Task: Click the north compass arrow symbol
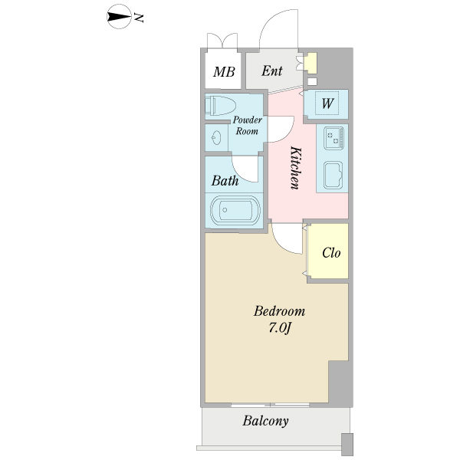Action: coord(119,16)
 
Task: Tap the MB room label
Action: coord(224,72)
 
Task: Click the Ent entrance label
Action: coord(272,71)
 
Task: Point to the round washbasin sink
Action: coord(217,139)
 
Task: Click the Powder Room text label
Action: coord(248,126)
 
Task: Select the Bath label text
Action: coord(225,182)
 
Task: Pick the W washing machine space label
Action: coord(327,103)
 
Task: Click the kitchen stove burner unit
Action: coord(333,139)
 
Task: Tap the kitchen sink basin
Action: coord(333,176)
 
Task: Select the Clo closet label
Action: coord(331,253)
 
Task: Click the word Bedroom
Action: coord(279,312)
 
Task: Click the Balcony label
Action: coord(265,421)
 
